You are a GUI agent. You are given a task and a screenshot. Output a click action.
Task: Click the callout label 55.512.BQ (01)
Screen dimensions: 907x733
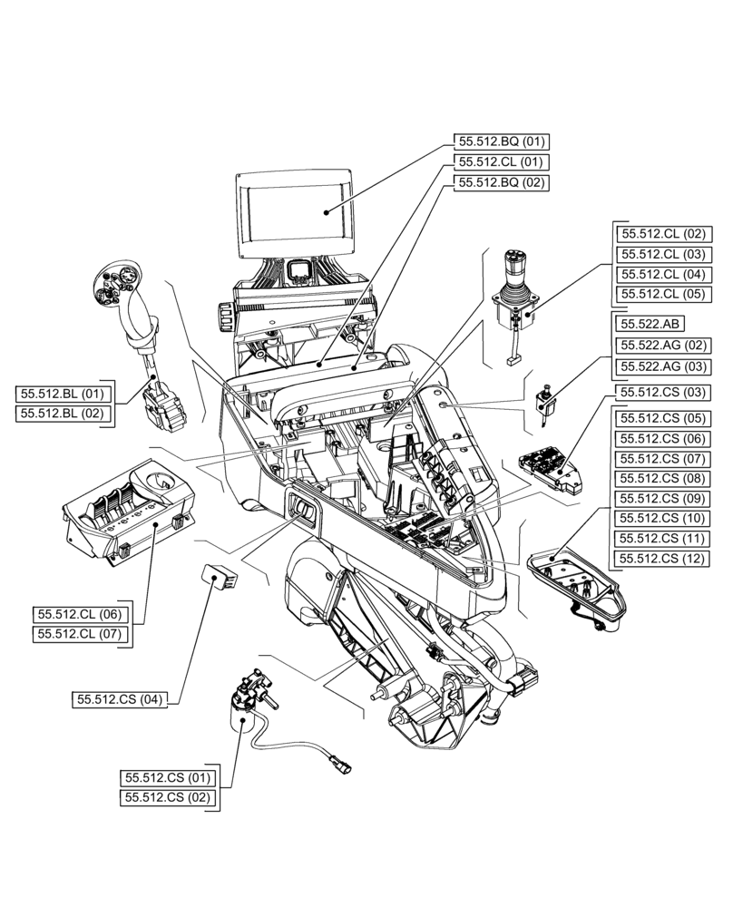pos(502,141)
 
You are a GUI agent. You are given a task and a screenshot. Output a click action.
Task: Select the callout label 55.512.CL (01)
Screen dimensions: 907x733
pos(502,162)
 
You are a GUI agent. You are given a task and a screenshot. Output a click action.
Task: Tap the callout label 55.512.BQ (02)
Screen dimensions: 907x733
pos(502,182)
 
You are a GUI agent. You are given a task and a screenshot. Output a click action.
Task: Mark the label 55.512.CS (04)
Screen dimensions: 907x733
pos(120,699)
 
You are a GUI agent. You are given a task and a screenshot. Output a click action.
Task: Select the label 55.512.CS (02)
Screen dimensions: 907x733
pos(168,798)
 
